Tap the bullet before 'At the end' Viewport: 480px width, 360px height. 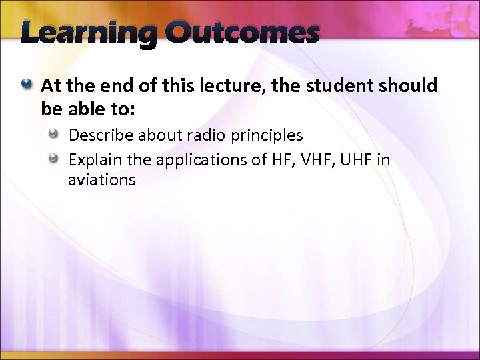click(x=27, y=85)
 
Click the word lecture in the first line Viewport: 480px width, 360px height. click(x=217, y=86)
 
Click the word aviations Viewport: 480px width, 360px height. click(x=101, y=180)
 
